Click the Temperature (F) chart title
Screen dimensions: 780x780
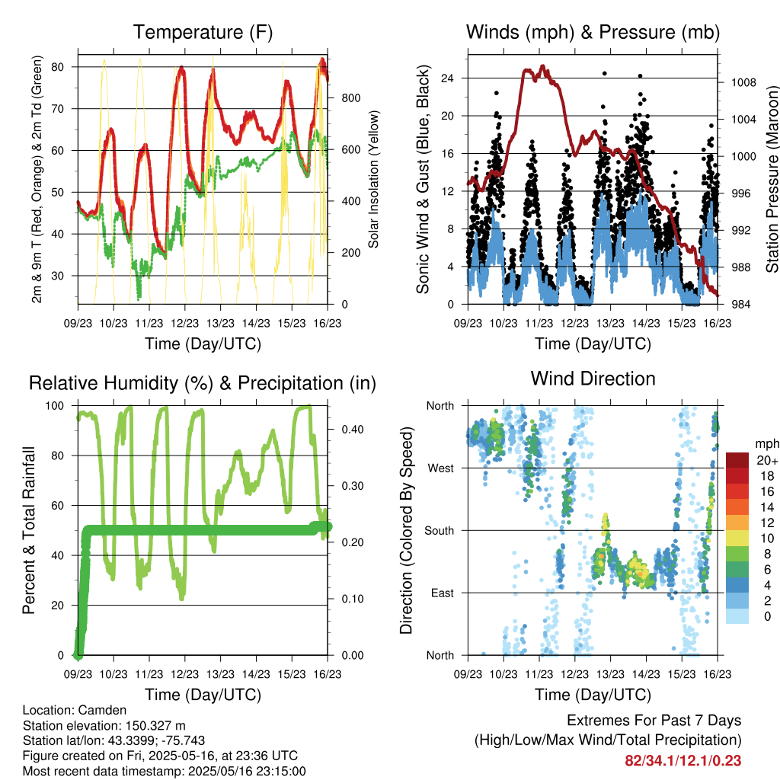tap(203, 32)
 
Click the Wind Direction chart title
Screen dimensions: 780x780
tap(593, 379)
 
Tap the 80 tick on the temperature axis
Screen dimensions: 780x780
tap(58, 67)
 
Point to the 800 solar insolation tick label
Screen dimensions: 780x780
tap(351, 98)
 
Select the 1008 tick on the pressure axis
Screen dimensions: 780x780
tap(743, 82)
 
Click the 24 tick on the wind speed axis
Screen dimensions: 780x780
tap(447, 78)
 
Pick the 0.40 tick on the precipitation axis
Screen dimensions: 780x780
tap(353, 430)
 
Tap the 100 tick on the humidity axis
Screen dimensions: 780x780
tap(55, 405)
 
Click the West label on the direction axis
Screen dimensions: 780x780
tap(441, 468)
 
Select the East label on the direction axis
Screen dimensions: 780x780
tap(443, 593)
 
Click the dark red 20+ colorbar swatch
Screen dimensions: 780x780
tap(737, 460)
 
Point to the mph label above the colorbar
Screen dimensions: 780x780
tap(767, 444)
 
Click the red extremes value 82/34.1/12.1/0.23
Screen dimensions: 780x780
tap(683, 761)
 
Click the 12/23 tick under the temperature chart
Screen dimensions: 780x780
tap(184, 323)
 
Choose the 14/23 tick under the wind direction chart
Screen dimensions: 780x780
tap(646, 674)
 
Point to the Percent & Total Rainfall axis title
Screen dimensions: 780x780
tap(29, 530)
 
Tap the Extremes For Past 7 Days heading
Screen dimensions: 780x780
tap(654, 721)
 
